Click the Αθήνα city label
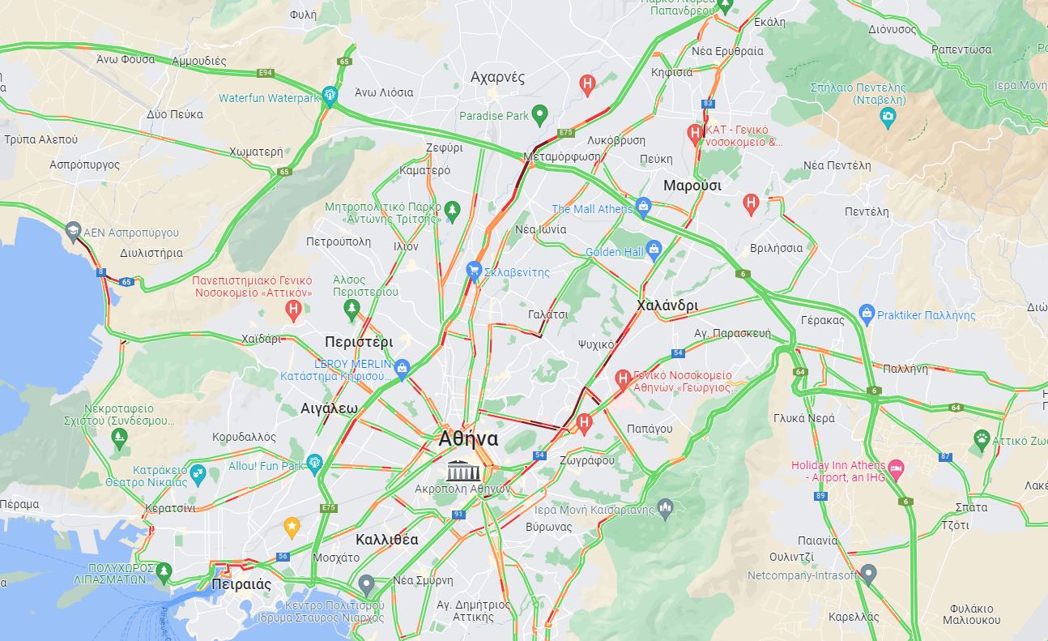(468, 439)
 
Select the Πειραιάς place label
(241, 584)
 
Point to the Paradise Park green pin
(540, 115)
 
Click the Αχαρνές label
(497, 78)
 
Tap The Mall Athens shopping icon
(643, 207)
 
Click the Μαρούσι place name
(692, 186)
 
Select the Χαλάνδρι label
(667, 306)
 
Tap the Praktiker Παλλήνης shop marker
(867, 314)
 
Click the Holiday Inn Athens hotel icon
(895, 468)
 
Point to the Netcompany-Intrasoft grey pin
(868, 575)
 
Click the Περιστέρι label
(358, 342)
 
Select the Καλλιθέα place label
(386, 540)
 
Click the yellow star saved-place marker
(292, 528)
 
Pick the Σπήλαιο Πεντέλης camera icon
(888, 117)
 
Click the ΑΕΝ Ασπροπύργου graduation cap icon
(73, 230)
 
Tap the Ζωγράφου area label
(586, 460)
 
